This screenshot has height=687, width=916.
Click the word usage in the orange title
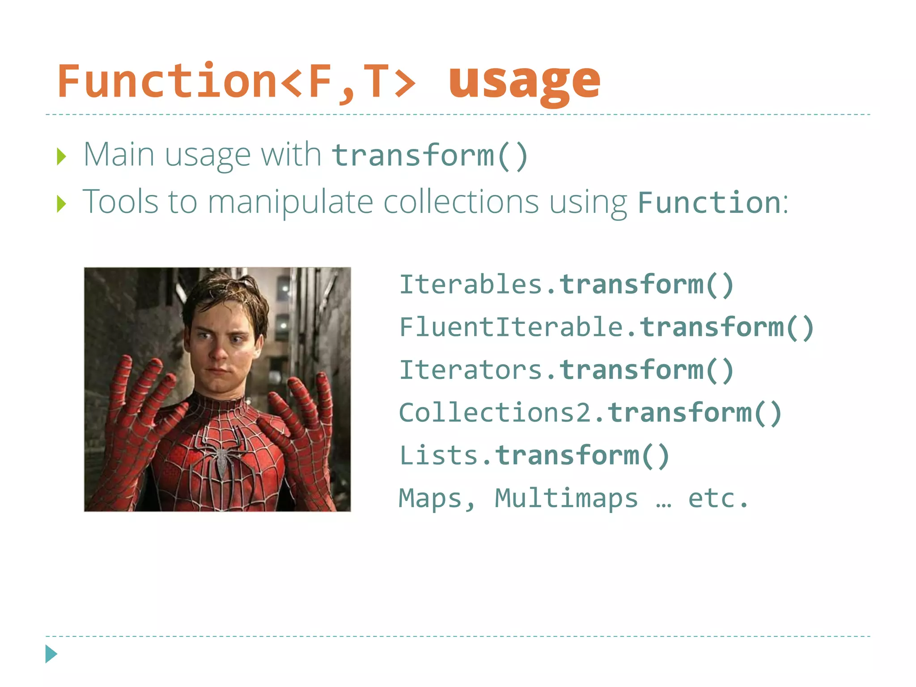[524, 83]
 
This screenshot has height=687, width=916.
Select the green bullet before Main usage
[62, 157]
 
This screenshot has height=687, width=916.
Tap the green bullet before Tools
[62, 204]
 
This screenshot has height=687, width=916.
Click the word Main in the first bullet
[119, 155]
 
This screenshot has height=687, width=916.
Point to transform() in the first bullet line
[430, 156]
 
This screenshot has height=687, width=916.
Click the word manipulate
[290, 202]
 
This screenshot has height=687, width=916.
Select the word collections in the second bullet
[461, 202]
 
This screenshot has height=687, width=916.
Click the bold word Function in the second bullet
[709, 203]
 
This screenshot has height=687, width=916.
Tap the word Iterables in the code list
[471, 284]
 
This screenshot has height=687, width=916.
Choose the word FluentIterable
[511, 327]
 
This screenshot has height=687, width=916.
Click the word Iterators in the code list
[471, 370]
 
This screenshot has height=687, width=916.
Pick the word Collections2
[495, 412]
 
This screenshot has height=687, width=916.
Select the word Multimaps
[566, 498]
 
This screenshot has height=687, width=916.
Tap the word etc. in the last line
[717, 498]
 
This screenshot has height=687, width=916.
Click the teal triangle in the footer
[51, 654]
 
